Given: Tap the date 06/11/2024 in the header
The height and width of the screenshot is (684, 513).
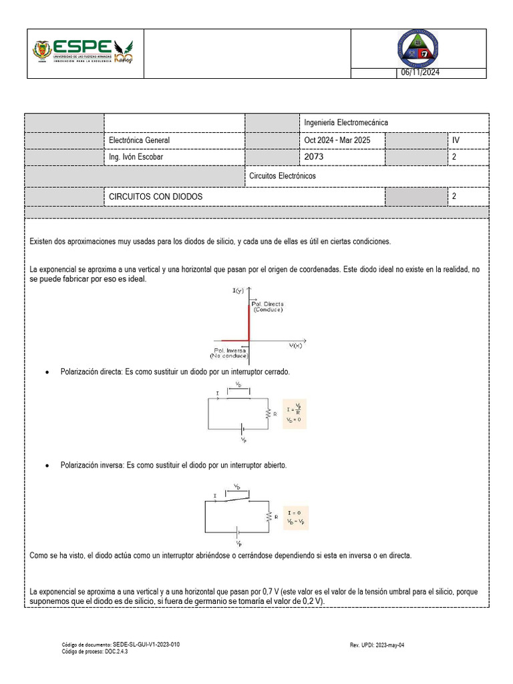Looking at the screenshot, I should tap(420, 73).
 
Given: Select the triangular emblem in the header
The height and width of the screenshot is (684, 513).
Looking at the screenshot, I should tap(418, 49).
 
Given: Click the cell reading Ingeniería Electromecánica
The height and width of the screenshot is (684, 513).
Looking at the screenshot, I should tap(345, 123).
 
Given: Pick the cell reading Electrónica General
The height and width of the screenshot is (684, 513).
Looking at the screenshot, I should tap(140, 140).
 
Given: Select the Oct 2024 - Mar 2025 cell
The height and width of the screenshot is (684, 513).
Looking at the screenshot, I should tap(336, 140).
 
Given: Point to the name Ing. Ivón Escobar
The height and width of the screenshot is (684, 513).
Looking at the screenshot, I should tap(136, 157).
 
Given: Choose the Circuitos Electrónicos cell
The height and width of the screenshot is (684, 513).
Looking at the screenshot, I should tap(282, 176).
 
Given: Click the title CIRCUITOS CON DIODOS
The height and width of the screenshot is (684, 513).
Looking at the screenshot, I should tap(156, 197).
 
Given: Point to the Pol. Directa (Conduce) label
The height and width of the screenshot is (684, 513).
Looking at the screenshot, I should tap(267, 307).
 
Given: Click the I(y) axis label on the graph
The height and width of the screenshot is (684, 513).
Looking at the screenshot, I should tap(238, 291).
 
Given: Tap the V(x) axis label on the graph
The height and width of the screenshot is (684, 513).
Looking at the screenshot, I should tap(296, 346).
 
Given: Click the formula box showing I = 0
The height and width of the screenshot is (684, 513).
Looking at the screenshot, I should tap(295, 517).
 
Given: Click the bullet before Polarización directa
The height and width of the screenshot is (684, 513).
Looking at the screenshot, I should tap(47, 371).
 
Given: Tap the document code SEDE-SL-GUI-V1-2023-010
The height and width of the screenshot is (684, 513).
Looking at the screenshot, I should tap(146, 645).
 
